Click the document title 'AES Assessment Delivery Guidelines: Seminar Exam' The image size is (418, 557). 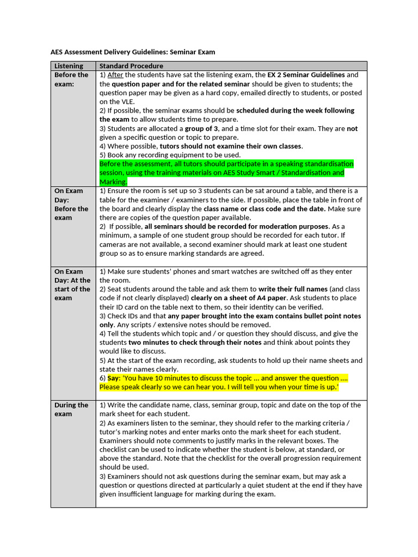pos(133,52)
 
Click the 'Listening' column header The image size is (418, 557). pos(69,66)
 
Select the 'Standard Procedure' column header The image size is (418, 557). pos(131,66)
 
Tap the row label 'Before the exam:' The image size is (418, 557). pos(71,79)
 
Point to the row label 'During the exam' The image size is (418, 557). pos(71,409)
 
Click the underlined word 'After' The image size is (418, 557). pos(115,75)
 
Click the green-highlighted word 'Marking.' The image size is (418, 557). pos(113,182)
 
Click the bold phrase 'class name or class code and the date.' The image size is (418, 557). pos(265,208)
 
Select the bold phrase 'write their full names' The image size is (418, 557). pos(293,289)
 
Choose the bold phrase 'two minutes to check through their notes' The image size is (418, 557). pos(195,342)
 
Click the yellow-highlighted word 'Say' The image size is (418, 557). pos(113,378)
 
